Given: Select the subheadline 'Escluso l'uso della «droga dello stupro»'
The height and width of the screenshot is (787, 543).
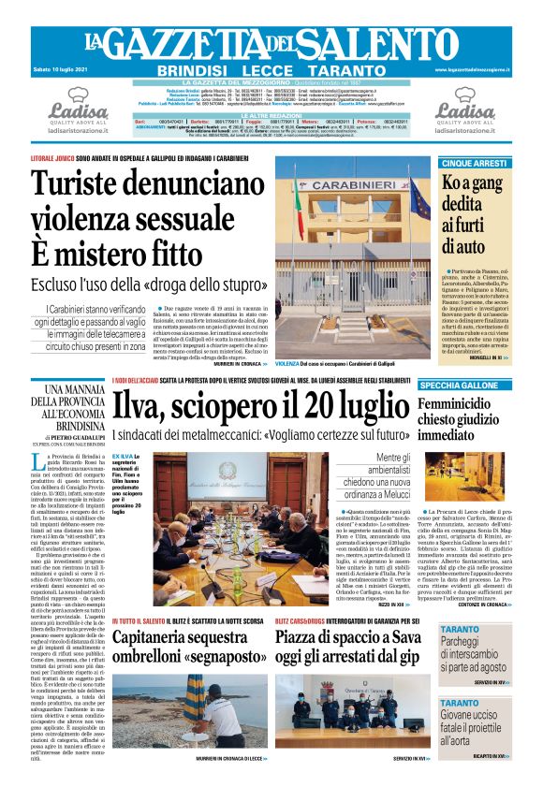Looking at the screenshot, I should click(139, 283).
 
